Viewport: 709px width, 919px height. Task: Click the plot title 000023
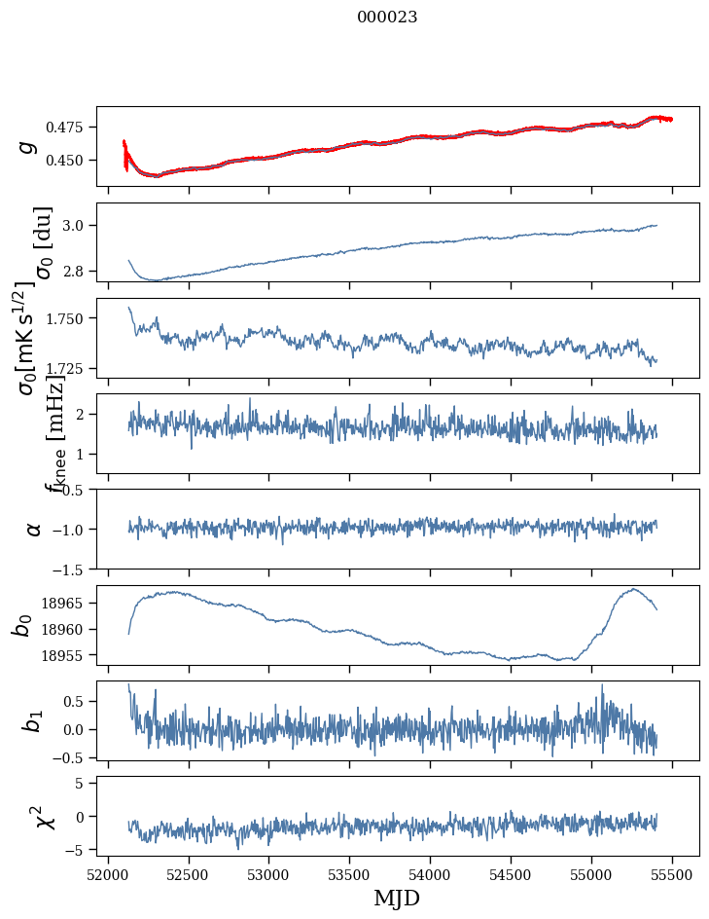pos(387,17)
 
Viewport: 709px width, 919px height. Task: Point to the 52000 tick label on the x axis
pos(108,871)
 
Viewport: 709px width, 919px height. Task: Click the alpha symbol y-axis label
pos(33,528)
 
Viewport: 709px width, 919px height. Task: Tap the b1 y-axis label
pos(31,720)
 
